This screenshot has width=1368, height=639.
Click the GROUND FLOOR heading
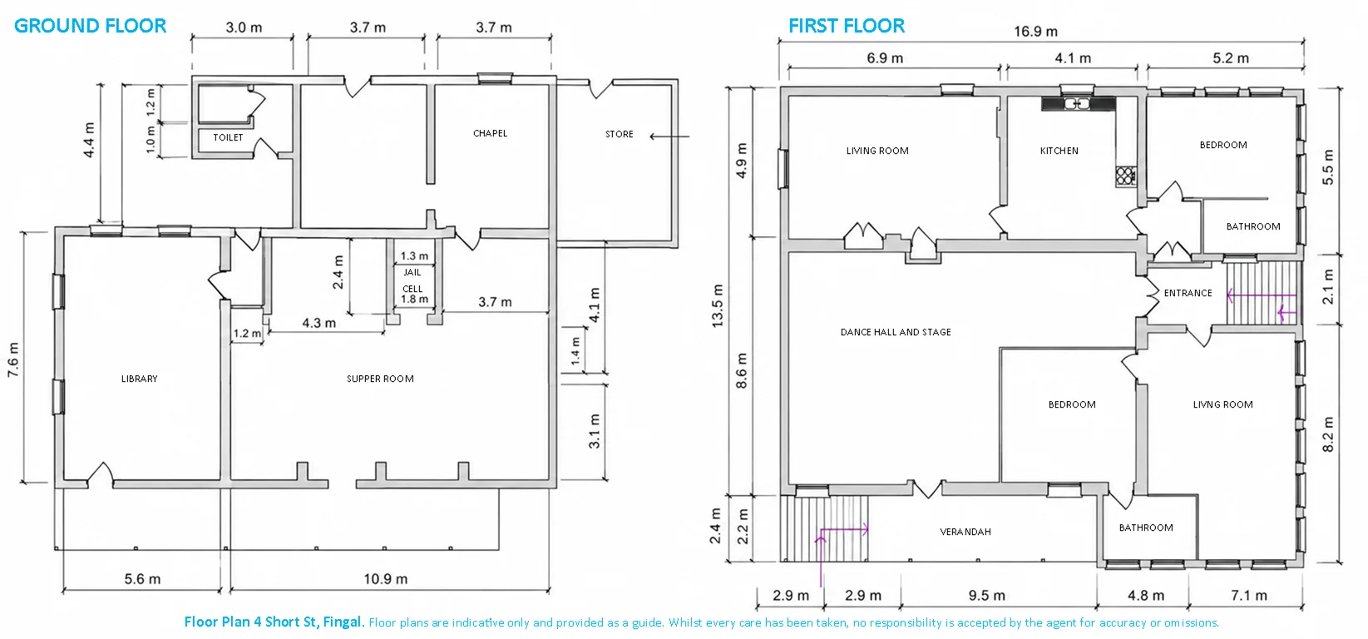[91, 26]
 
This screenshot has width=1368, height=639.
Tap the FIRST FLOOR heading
[847, 26]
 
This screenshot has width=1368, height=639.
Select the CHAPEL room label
[490, 133]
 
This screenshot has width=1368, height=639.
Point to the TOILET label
[228, 137]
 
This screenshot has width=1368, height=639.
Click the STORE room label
[619, 134]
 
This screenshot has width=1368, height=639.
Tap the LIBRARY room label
[139, 379]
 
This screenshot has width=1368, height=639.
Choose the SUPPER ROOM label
[380, 379]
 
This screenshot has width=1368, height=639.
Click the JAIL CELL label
[412, 280]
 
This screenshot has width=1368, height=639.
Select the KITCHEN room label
[1059, 151]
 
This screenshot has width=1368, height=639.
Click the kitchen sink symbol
[1077, 104]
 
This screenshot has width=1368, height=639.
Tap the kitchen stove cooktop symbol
[1125, 176]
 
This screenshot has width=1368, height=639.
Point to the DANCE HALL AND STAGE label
[896, 332]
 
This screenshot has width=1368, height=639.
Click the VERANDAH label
[965, 532]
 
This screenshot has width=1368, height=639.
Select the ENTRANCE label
[1188, 293]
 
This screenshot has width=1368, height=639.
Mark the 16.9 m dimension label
[1036, 31]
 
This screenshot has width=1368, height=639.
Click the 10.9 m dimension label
[385, 578]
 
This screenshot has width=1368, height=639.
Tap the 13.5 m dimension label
[718, 305]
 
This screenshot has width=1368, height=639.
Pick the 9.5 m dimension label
[986, 595]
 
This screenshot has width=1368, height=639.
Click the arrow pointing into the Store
[669, 136]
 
